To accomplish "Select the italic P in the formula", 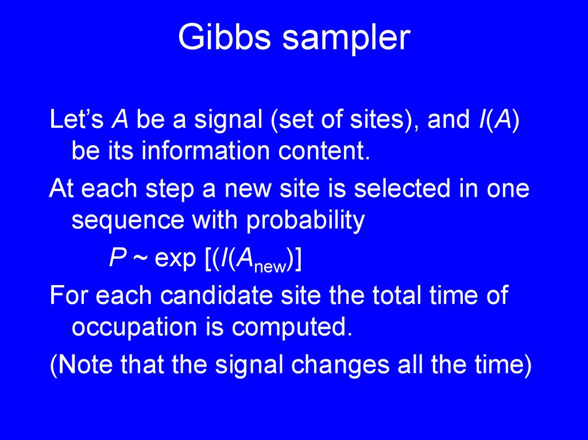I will (117, 259).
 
